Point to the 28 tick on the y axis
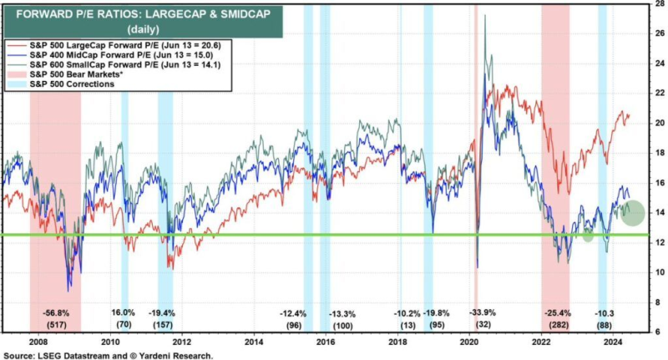click(x=659, y=4)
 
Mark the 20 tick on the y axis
click(x=659, y=123)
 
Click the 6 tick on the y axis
click(x=659, y=332)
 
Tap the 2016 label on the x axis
click(x=326, y=341)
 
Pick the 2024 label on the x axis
click(x=613, y=341)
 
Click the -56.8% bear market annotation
click(x=55, y=313)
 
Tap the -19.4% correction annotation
click(x=165, y=313)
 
